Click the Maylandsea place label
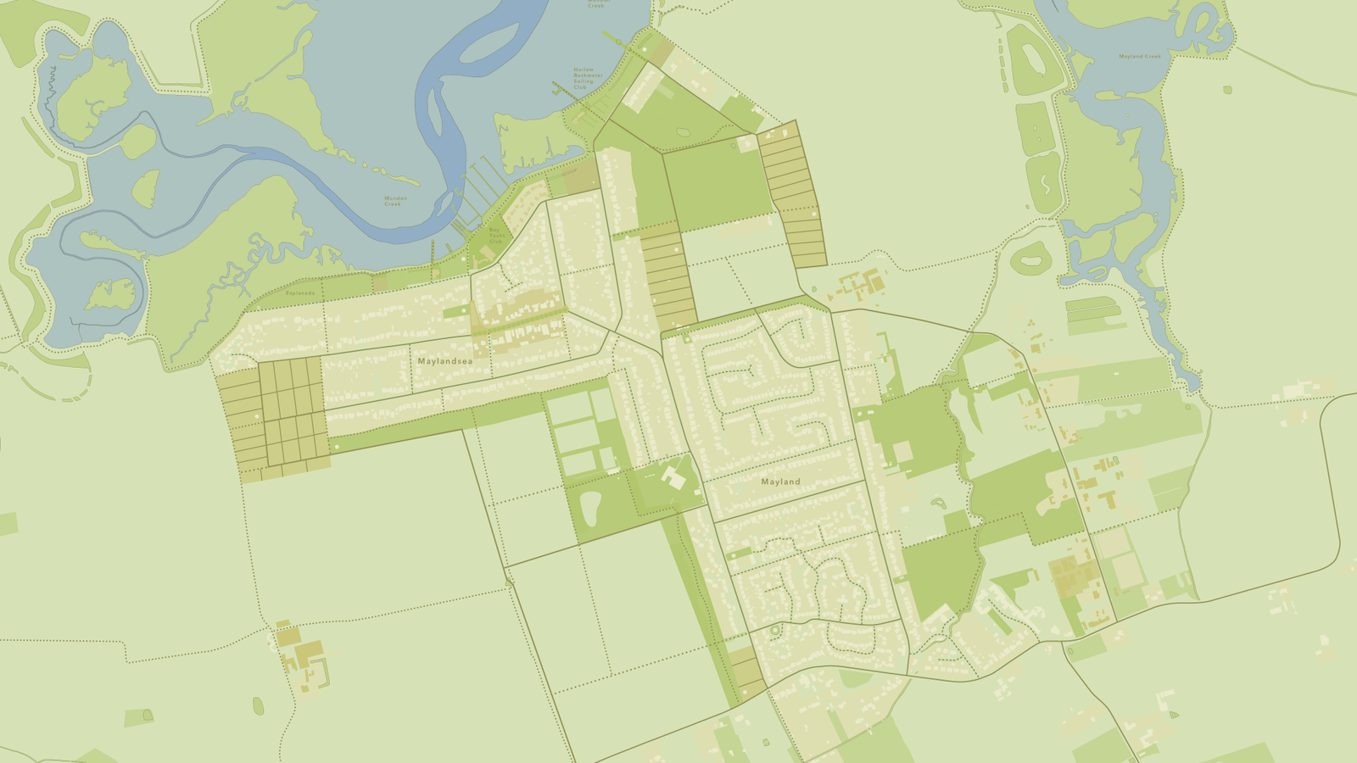click(444, 361)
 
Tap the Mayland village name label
click(780, 482)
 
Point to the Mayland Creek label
click(1139, 57)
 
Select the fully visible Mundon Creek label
click(395, 201)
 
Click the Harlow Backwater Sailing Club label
click(588, 79)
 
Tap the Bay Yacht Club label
click(496, 235)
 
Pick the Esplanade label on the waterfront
click(299, 293)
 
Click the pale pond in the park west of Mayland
click(590, 506)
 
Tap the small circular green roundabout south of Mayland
click(773, 630)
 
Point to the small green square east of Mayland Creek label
click(1226, 89)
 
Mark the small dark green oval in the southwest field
click(258, 705)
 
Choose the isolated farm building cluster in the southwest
click(301, 656)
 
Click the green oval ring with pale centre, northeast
click(1030, 259)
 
